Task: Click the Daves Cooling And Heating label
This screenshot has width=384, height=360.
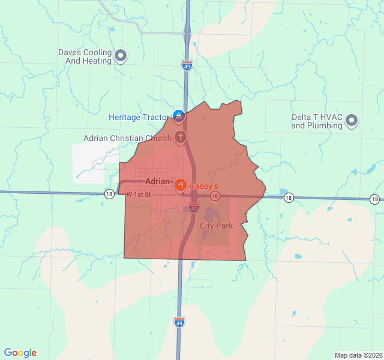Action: [85, 56]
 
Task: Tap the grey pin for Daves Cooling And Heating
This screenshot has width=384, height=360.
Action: [121, 56]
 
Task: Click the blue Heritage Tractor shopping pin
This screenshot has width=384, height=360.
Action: [178, 115]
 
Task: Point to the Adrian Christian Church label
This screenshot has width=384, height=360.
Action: [127, 139]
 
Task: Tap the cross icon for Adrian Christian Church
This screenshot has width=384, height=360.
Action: [180, 137]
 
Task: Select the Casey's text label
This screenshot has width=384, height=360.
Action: [204, 187]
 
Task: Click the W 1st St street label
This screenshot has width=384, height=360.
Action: [138, 194]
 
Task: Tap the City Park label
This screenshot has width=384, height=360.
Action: [215, 226]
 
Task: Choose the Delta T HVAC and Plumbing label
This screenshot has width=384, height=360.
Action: [317, 122]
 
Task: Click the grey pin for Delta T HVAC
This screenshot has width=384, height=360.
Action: [352, 121]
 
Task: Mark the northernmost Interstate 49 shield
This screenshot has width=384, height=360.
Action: [187, 65]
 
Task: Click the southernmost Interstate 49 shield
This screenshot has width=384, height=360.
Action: [179, 322]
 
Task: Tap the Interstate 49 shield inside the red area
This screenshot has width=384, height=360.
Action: [193, 208]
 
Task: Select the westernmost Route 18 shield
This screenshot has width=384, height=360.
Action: [109, 194]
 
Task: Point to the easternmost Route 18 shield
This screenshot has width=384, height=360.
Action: [375, 199]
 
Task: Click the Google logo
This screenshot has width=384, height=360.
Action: [20, 353]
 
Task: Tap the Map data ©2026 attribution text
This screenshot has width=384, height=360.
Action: [358, 355]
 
